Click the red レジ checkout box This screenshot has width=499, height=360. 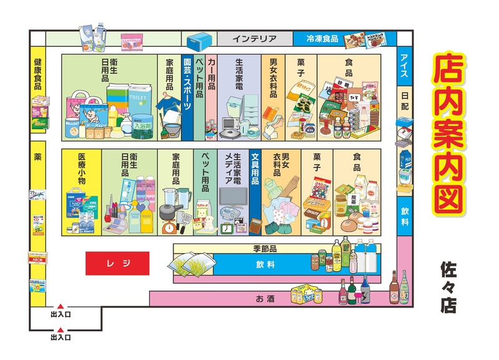(117, 263)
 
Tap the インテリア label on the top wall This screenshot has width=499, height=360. (254, 39)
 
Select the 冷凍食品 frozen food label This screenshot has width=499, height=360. (322, 39)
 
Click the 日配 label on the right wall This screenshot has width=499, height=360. (404, 99)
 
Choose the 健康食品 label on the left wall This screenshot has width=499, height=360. (38, 74)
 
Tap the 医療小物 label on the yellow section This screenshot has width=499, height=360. (81, 168)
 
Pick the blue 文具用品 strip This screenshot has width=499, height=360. (254, 168)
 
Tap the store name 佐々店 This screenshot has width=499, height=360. (448, 286)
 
